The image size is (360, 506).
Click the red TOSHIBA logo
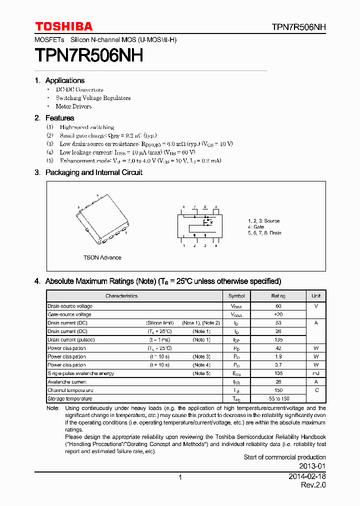click(63, 26)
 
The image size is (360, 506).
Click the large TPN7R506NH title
click(89, 55)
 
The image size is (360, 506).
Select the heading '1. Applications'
click(59, 80)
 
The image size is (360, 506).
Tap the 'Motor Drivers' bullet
click(73, 106)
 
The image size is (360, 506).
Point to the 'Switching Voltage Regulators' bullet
click(93, 98)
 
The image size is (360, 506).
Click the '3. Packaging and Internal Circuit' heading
click(88, 172)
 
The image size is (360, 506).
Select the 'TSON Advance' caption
click(102, 257)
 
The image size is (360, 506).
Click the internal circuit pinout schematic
click(200, 225)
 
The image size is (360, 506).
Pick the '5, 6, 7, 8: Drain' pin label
click(264, 233)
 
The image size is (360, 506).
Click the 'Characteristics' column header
click(121, 296)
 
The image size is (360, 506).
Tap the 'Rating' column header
click(278, 296)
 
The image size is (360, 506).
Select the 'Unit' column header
click(316, 296)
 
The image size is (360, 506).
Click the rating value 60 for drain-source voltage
click(278, 306)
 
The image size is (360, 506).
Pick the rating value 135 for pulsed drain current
click(278, 340)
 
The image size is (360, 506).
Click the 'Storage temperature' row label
click(70, 399)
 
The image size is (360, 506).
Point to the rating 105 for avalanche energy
click(278, 373)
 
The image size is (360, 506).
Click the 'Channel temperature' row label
click(70, 390)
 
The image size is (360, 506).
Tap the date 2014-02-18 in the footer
click(307, 477)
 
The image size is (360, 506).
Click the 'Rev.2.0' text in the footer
click(313, 485)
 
